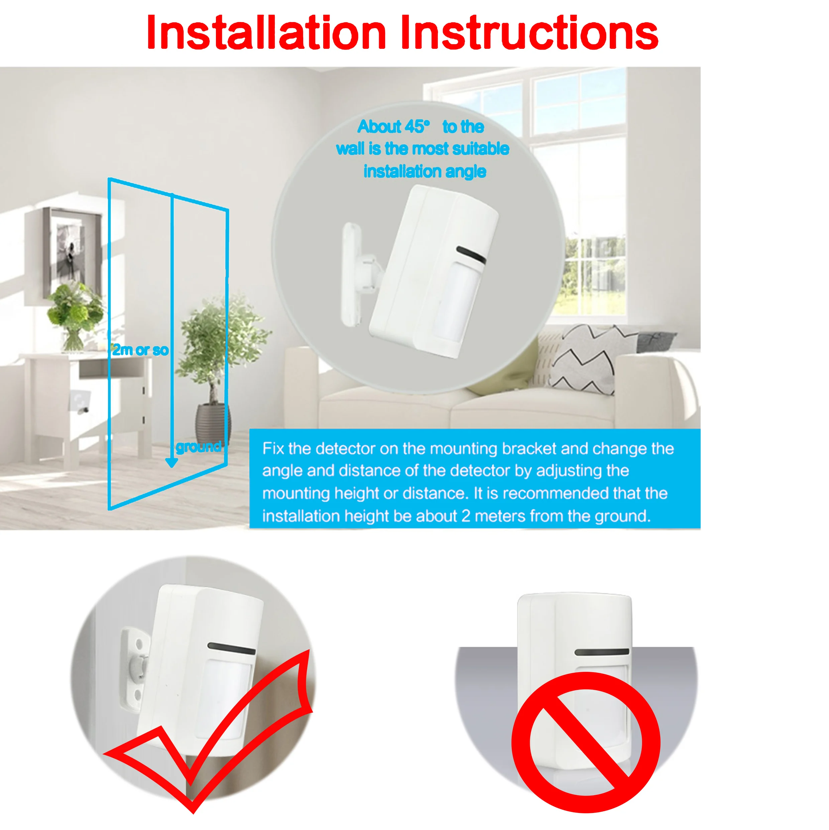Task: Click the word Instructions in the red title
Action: (529, 33)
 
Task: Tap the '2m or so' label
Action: (140, 350)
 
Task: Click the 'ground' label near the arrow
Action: (199, 446)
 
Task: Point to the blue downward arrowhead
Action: (172, 462)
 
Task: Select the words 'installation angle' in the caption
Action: (425, 172)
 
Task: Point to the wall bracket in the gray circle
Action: (353, 275)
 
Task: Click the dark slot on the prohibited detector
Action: (601, 652)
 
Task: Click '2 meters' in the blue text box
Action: (493, 516)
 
